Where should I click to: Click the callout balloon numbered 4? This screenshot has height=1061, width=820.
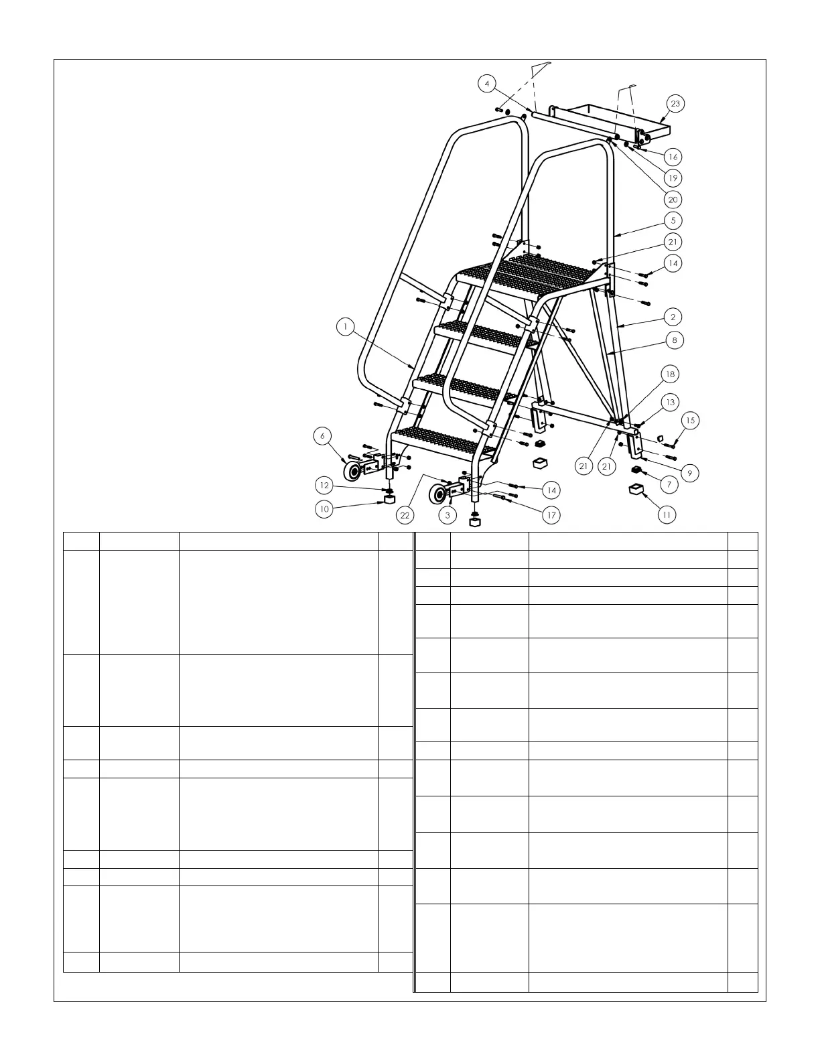coord(487,84)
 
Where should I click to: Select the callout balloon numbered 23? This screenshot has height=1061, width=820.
coord(675,103)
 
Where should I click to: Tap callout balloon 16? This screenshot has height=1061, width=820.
coord(673,157)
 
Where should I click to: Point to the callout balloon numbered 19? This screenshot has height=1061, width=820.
coord(673,178)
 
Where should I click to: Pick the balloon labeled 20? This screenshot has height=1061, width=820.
coord(673,200)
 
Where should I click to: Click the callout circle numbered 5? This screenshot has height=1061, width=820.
coord(673,220)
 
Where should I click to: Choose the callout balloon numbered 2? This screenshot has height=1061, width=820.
coord(673,317)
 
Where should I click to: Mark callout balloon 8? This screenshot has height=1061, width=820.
coord(675,340)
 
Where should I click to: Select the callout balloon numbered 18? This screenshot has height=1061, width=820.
coord(669,374)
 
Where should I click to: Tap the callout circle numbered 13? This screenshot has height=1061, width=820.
coord(669,402)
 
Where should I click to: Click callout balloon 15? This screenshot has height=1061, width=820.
coord(690,421)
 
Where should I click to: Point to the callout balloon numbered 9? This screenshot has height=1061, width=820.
coord(689,473)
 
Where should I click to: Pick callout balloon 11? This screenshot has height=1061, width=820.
coord(667,514)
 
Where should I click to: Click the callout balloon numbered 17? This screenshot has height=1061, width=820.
coord(551,515)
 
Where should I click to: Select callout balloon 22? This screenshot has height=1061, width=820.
coord(405,515)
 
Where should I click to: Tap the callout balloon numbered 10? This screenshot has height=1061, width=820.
coord(324,509)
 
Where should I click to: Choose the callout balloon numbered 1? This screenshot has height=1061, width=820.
coord(345,327)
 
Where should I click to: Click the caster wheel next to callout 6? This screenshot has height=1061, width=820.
coord(352,472)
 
